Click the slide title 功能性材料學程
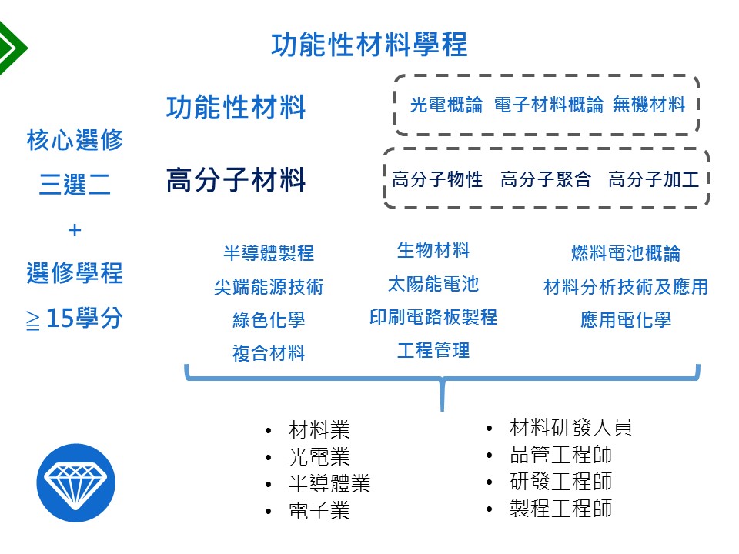[369, 45]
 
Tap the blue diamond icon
[76, 482]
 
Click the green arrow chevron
[12, 48]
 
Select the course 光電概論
[446, 105]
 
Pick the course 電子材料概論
[549, 105]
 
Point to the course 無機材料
[649, 105]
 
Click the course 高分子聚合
[545, 179]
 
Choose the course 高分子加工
[654, 179]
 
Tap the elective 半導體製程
[269, 253]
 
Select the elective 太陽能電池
[433, 284]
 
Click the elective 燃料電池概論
[626, 253]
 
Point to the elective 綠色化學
[269, 320]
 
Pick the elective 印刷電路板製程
[433, 317]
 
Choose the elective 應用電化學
[626, 320]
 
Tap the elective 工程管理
[433, 350]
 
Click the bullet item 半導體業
[329, 483]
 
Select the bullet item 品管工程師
[561, 455]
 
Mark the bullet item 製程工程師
[561, 509]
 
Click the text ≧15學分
[75, 318]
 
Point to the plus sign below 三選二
[75, 230]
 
